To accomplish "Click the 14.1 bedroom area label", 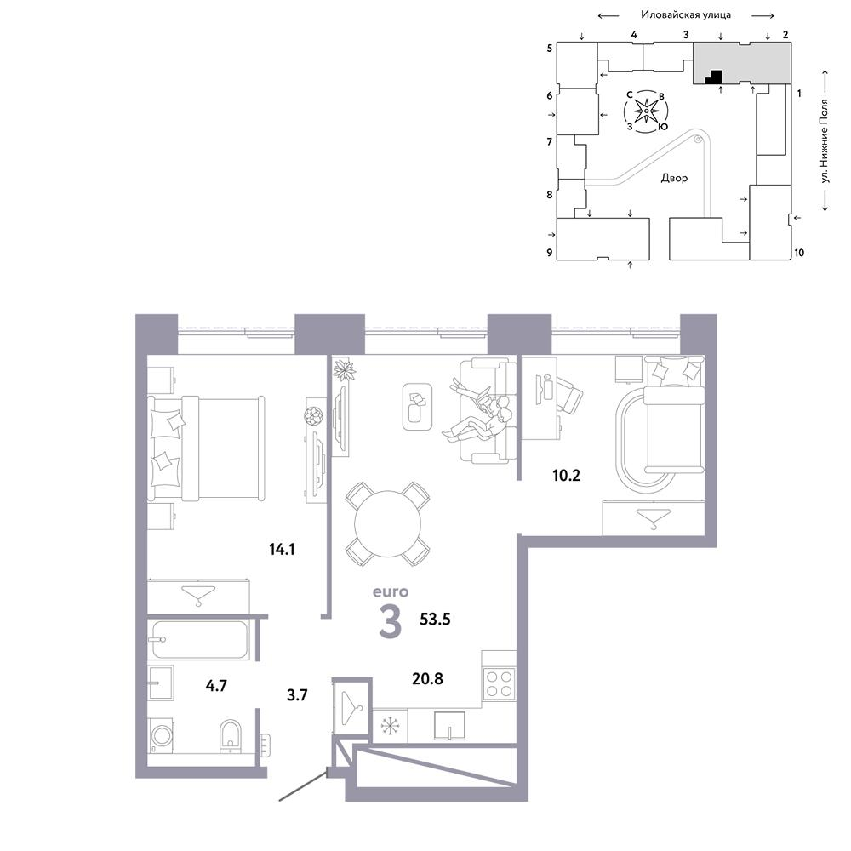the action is point(282,549).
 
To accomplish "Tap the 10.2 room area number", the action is point(566,476).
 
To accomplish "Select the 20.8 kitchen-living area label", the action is point(428,678).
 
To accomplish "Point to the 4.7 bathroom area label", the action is point(216,685).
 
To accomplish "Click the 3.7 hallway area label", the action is point(297,694).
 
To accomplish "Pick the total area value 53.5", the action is point(435,619).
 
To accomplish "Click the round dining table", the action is point(387,523).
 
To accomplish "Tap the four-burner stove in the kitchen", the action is point(499,683).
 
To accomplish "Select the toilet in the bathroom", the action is point(231,736).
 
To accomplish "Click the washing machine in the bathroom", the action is point(161,735).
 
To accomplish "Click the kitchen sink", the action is point(449,726).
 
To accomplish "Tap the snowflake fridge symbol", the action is point(389,726).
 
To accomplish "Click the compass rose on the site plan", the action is point(647,111).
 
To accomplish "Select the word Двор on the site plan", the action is point(674,178).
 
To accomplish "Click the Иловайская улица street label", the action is point(686,14).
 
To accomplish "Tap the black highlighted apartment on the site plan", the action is point(714,77).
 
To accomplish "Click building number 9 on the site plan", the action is point(550,253).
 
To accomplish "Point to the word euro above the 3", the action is point(391,591).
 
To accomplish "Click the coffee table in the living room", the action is point(417,407).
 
